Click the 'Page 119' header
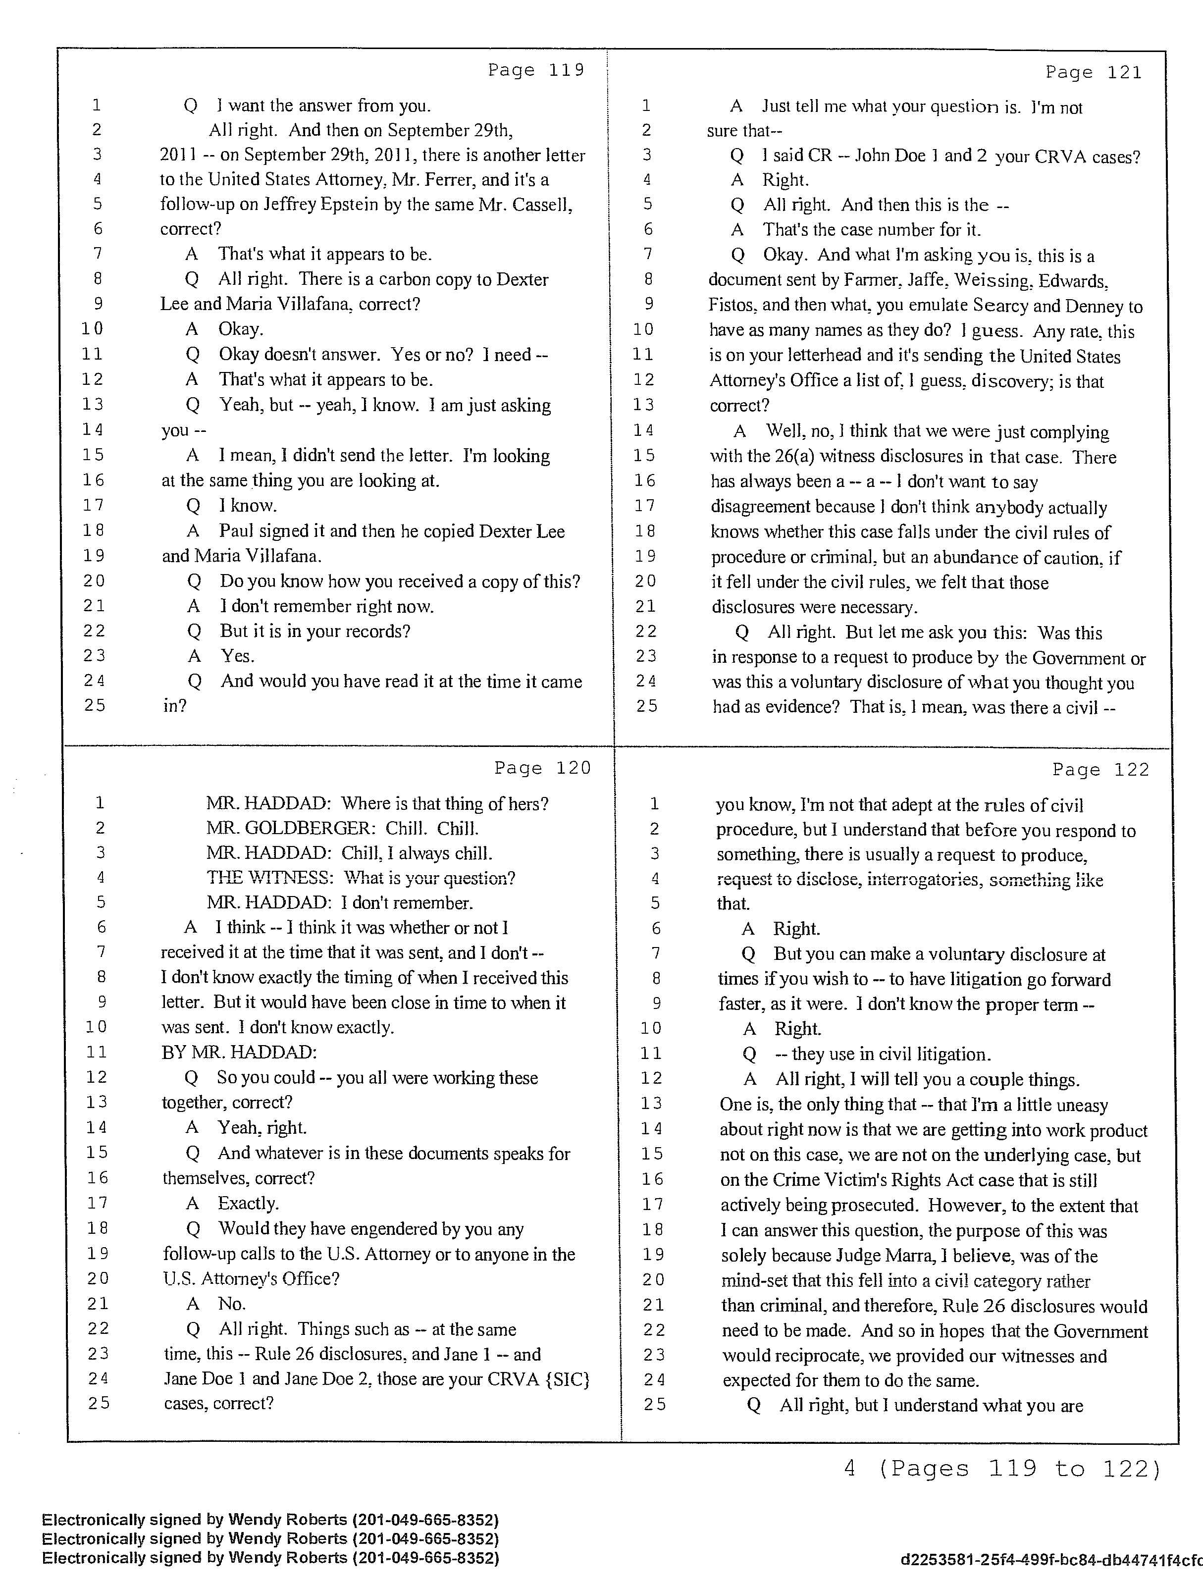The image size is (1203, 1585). coord(536,70)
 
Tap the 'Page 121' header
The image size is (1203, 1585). coord(1094,72)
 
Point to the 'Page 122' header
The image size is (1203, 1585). coord(1100,770)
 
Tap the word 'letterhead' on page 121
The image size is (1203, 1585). coord(839,356)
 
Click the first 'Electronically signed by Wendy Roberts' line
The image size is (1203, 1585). coord(270,1520)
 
